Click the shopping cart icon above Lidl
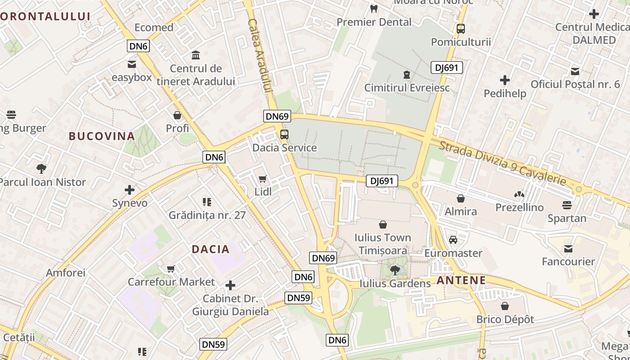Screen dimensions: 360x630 [263, 179]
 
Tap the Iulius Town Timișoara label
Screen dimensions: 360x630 [382, 244]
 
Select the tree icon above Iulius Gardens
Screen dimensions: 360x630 [395, 270]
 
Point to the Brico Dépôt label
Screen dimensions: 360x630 [505, 319]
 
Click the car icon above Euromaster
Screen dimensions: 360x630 [453, 240]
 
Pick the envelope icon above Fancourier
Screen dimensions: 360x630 [568, 248]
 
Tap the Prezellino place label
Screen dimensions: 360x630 [519, 207]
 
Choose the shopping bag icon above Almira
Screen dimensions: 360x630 [461, 198]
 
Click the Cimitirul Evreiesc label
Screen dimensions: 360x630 [407, 88]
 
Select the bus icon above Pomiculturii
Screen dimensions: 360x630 [461, 29]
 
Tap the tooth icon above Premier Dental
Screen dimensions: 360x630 [374, 9]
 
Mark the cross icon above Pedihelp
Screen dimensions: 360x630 [505, 81]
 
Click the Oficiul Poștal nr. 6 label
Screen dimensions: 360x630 [575, 84]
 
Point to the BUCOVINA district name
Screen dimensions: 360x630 [102, 136]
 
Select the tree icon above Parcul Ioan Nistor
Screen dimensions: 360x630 [41, 169]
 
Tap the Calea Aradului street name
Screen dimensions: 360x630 [260, 56]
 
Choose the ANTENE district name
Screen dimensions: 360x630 [461, 281]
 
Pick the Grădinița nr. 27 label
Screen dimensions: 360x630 [207, 215]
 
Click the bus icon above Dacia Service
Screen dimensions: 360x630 [284, 135]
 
